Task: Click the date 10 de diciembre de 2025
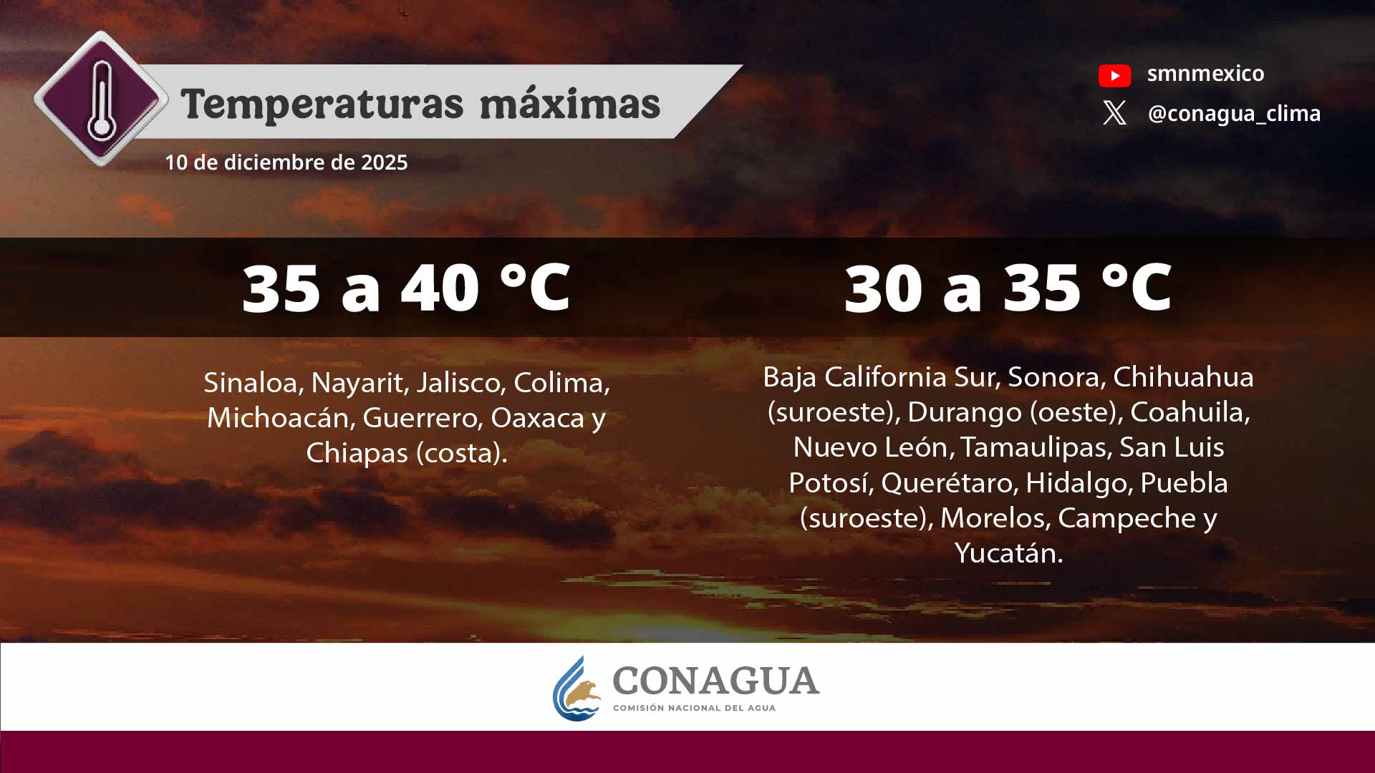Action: pos(286,162)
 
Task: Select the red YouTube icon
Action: pos(1114,75)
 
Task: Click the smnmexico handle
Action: pos(1205,73)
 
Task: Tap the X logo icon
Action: pos(1114,113)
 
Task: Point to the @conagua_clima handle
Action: pos(1234,113)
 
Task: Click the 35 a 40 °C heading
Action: pos(406,288)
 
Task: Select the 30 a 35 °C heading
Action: pos(1008,288)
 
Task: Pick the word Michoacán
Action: pos(281,418)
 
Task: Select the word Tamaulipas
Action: pos(1036,447)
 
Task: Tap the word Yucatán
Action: pos(1008,553)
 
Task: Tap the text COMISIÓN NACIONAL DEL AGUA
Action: pos(694,708)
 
